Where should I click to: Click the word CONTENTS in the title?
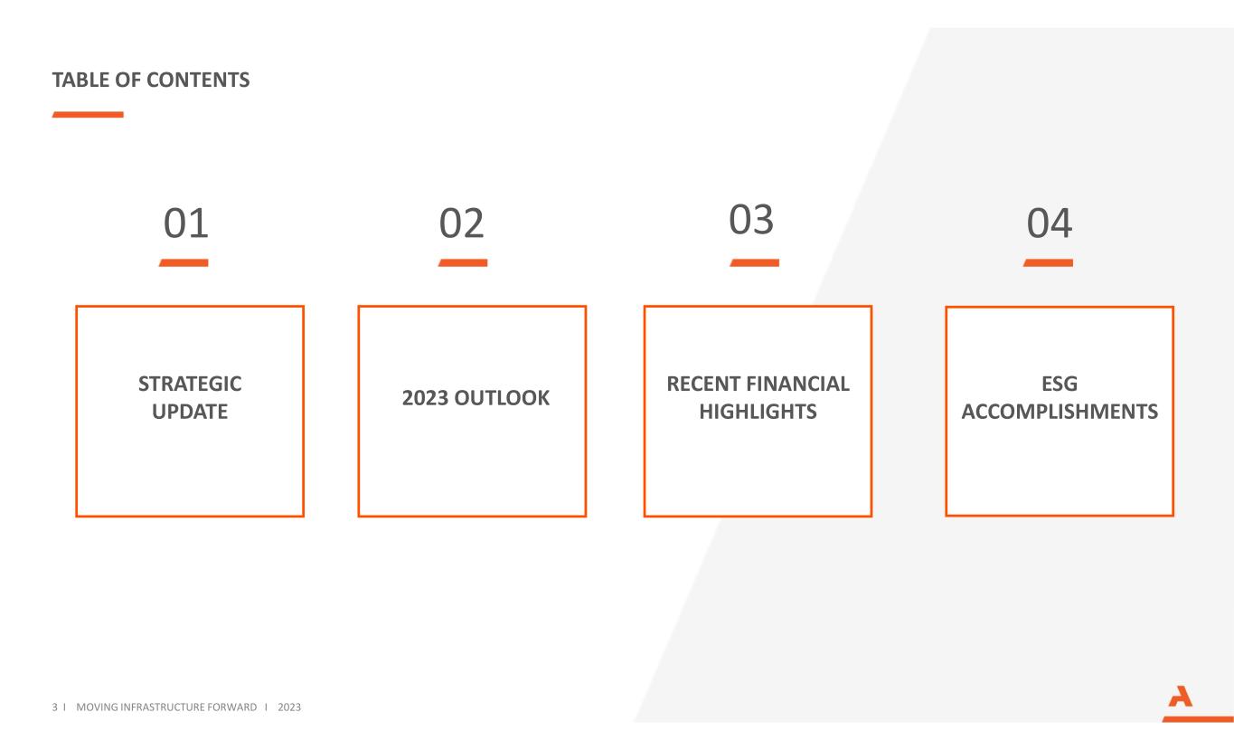tap(198, 80)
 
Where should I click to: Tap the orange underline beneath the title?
tap(88, 115)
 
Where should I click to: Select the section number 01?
tap(186, 223)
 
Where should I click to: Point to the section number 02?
tap(462, 223)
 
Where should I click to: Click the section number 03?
tap(751, 220)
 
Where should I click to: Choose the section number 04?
tap(1050, 223)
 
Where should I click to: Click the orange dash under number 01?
tap(184, 263)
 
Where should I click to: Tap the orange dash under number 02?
tap(463, 263)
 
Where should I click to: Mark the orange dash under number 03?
tap(755, 263)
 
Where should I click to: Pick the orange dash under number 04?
tap(1049, 263)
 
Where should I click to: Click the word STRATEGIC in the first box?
tap(190, 384)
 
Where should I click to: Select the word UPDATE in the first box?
tap(190, 412)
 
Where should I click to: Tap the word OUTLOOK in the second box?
tap(502, 397)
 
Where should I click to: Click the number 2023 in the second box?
tap(425, 397)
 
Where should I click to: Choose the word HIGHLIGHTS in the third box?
tap(758, 412)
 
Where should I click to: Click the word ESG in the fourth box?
tap(1060, 384)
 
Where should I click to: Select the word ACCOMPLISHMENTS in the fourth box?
tap(1060, 412)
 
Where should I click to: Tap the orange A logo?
tap(1181, 697)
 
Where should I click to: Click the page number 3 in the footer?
tap(54, 707)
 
